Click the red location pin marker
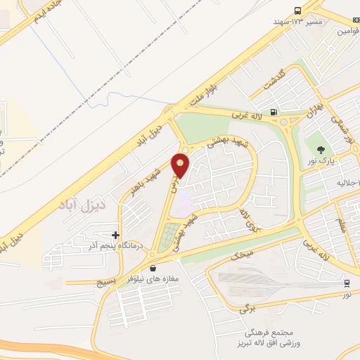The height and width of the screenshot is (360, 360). click(x=181, y=165)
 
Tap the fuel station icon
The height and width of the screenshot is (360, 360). click(x=274, y=110)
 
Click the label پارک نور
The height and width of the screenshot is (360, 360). click(x=321, y=162)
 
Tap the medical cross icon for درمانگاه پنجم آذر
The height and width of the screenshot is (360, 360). click(x=115, y=235)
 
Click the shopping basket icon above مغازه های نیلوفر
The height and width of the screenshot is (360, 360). click(x=153, y=268)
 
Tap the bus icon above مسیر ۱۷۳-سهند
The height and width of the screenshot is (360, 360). click(x=298, y=11)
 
